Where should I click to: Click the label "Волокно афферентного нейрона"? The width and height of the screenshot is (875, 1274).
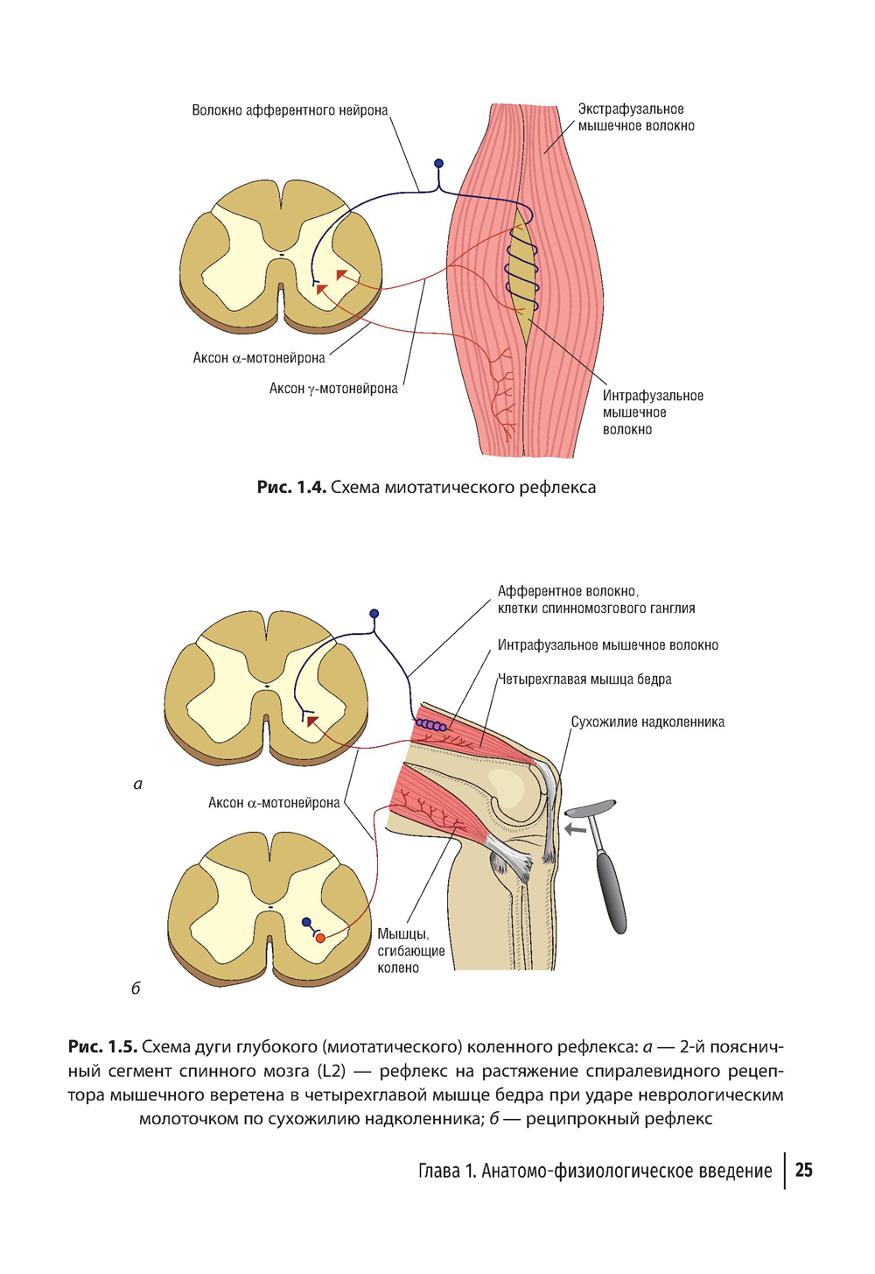point(290,110)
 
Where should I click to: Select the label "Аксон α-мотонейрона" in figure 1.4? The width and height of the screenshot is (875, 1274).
point(259,358)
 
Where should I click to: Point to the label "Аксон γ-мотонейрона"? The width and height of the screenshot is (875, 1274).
point(333,389)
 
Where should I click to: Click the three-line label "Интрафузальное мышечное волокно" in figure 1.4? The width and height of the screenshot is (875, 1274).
point(652,412)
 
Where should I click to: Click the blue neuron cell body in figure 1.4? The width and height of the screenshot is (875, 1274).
point(438,164)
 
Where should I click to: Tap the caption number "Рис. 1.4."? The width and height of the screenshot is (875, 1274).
point(291,487)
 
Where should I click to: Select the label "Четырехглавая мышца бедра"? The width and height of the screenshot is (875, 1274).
point(584,679)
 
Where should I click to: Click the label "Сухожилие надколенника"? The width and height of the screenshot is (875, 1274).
point(647,722)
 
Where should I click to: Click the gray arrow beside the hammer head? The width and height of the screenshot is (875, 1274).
point(575,828)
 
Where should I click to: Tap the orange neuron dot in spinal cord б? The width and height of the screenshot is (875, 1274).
point(320,939)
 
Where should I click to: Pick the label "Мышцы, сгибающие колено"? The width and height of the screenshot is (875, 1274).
point(411,951)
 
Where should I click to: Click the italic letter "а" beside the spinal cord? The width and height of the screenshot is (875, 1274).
point(137,785)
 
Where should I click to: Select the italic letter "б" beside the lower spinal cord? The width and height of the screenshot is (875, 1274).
point(136,989)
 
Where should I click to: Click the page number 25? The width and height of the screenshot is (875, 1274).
point(803,1171)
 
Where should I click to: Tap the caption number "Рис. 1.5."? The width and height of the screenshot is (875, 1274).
point(103,1047)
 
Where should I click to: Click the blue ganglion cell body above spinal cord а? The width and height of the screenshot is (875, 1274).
point(374,614)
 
